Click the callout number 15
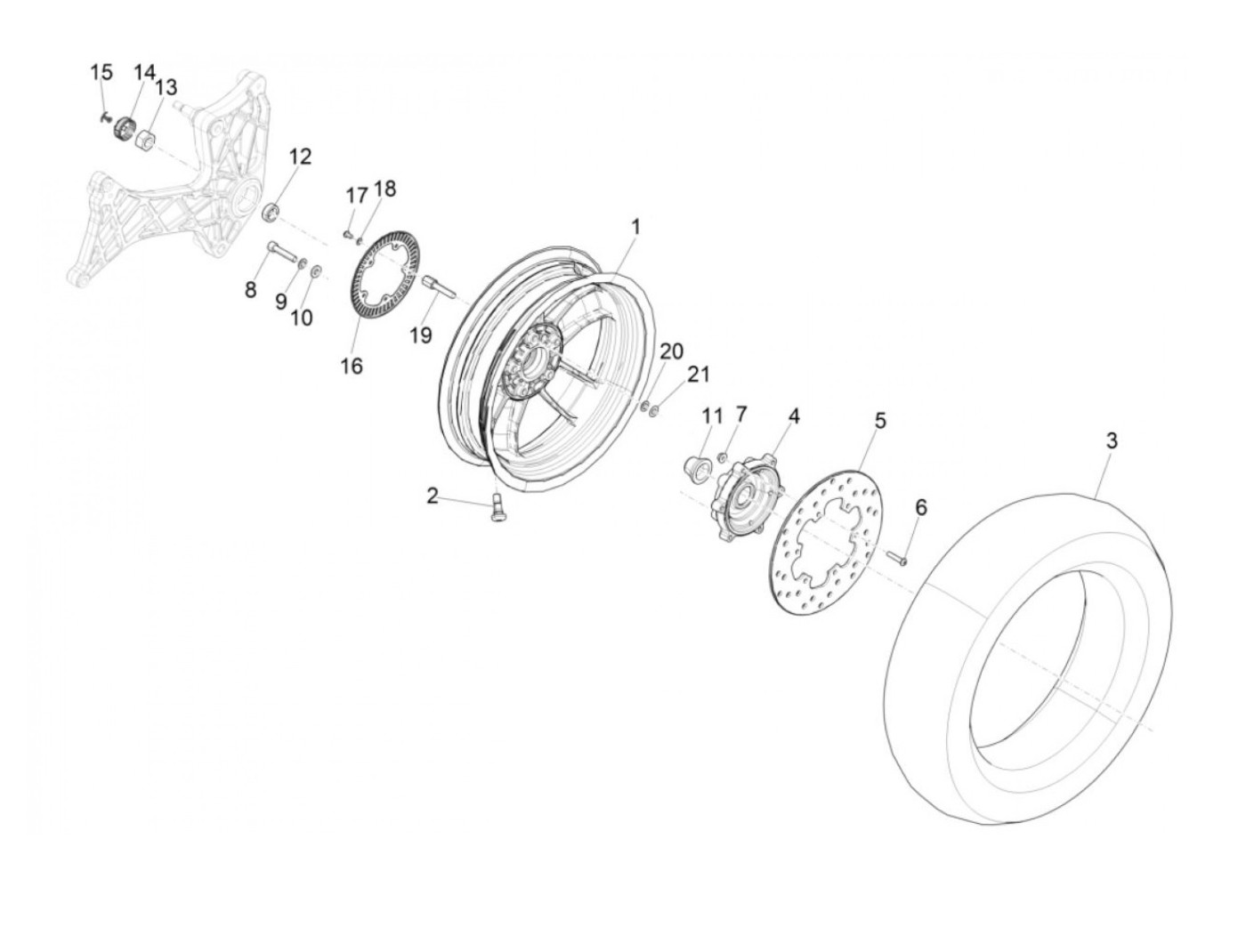click(x=102, y=72)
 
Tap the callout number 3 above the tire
click(x=1112, y=440)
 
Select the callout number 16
click(x=352, y=366)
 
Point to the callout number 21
click(x=699, y=374)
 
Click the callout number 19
click(x=421, y=335)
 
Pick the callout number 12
click(x=301, y=157)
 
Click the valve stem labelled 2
click(x=496, y=510)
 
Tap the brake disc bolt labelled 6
click(x=899, y=558)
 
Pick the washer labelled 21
click(x=655, y=410)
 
